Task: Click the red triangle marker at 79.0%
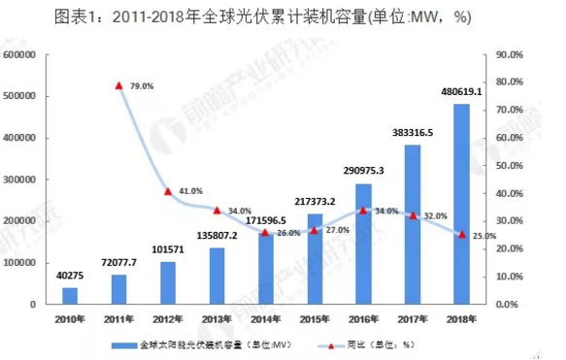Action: pos(118,85)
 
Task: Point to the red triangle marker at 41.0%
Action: pos(168,191)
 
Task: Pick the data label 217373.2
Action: pos(315,202)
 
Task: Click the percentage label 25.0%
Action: pos(483,235)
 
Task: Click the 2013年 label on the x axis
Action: pos(217,318)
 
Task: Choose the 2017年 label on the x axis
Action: pos(414,318)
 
